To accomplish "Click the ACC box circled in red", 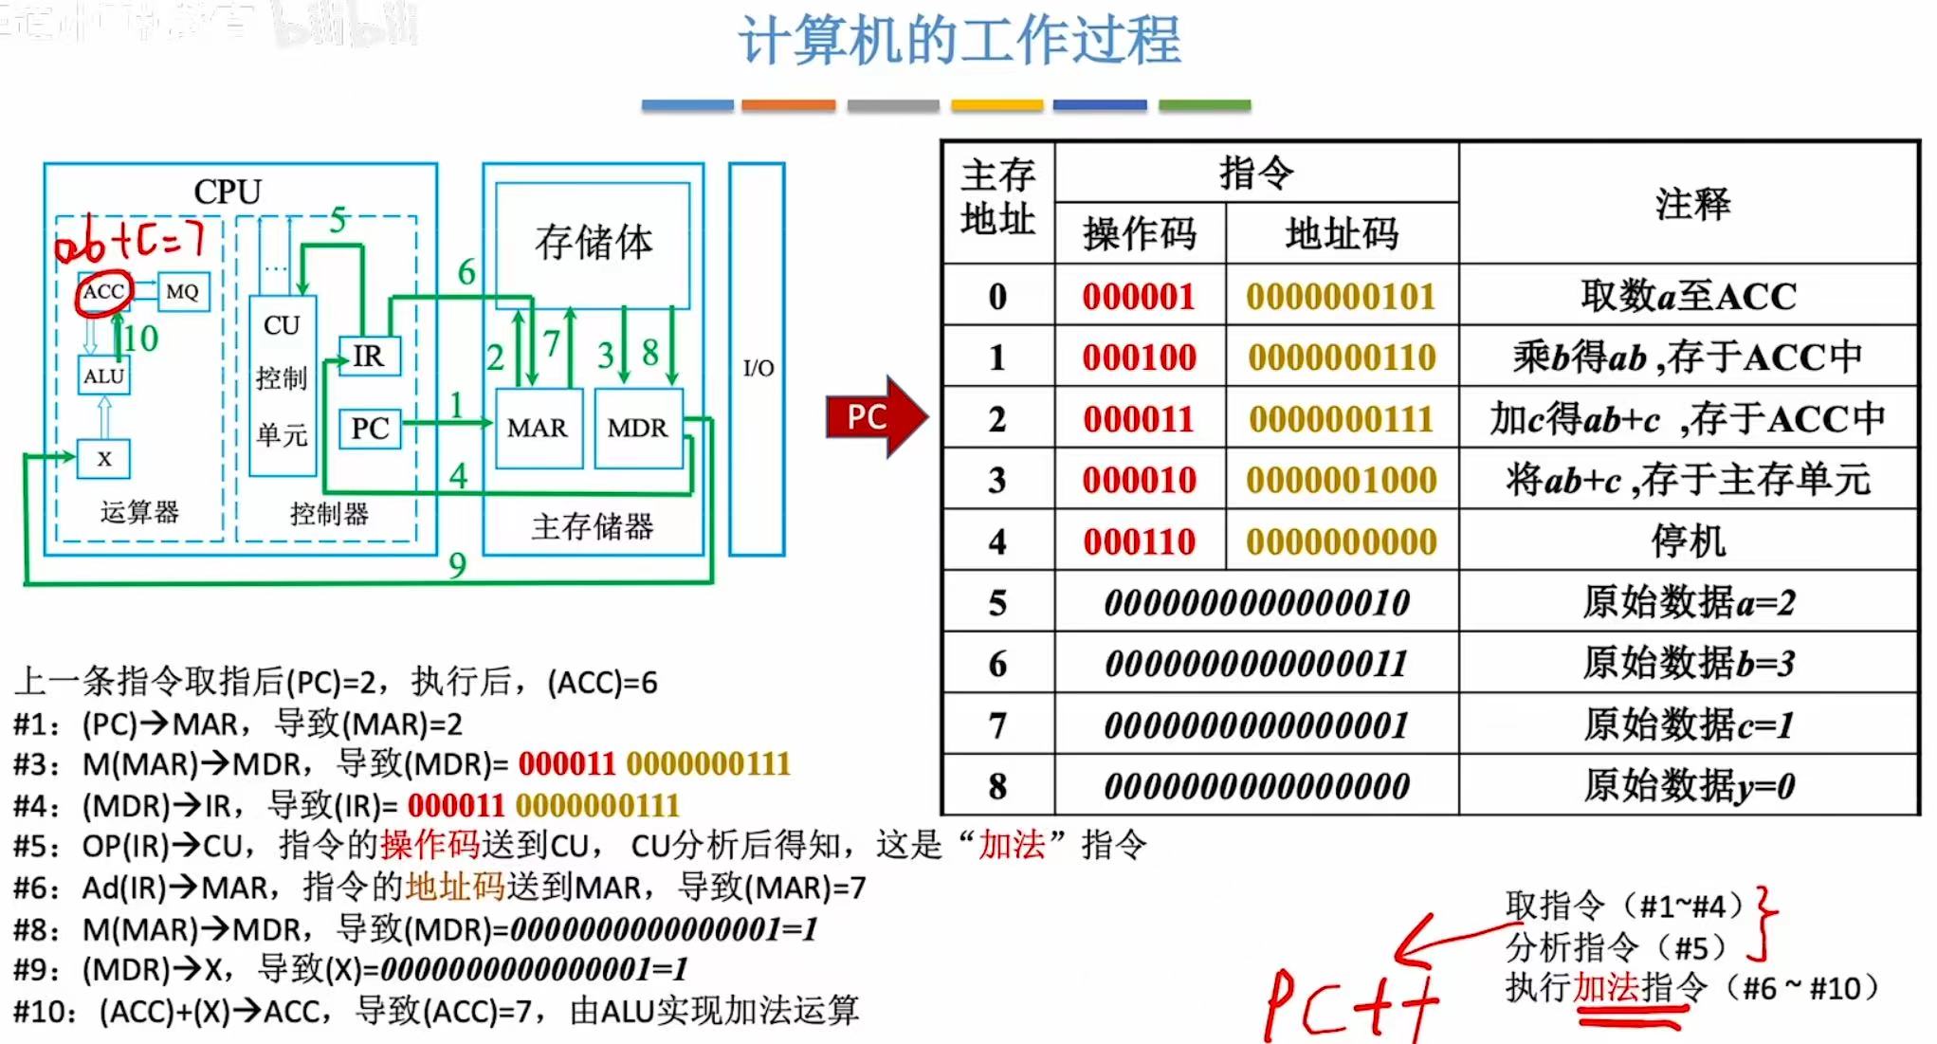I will point(103,291).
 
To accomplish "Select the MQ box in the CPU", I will point(182,291).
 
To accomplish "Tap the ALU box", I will point(103,375).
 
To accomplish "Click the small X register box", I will point(104,459).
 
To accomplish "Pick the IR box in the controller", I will point(369,357).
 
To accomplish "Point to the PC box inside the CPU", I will point(370,429).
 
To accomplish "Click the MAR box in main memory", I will point(538,428).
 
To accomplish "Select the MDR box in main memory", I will point(637,428).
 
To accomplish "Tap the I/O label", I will point(758,368).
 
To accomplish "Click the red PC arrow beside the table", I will point(871,416).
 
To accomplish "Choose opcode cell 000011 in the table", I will point(1139,419).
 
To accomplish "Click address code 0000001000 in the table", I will point(1342,480).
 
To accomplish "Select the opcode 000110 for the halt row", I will point(1139,541).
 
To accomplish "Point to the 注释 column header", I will point(1691,203).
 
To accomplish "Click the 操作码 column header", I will point(1140,233).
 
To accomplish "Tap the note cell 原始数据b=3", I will point(1689,663).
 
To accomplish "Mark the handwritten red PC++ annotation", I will point(1351,1003).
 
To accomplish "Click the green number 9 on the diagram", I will point(458,566).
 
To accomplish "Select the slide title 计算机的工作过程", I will point(959,41).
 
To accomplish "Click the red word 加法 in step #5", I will point(1011,844).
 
